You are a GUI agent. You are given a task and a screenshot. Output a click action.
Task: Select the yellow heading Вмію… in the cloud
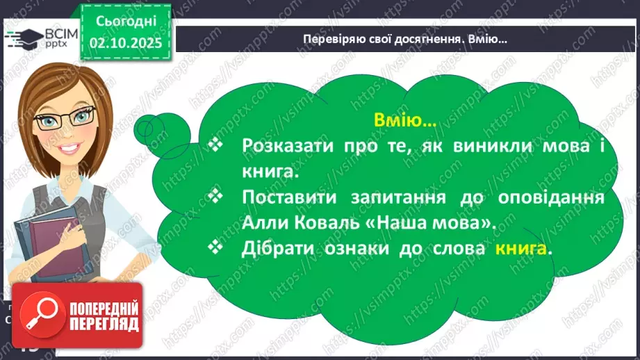pos(406,121)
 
